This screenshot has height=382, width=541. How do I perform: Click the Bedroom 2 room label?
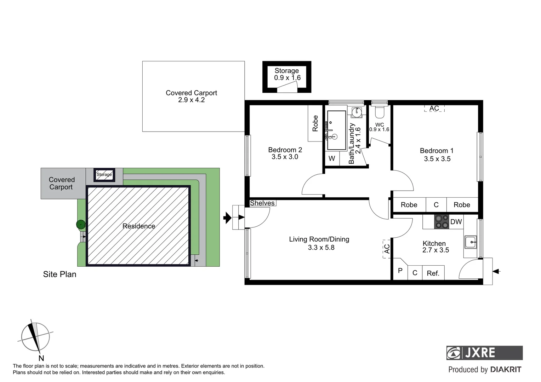[285, 150]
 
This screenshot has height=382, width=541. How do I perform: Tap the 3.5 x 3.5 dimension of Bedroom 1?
[437, 159]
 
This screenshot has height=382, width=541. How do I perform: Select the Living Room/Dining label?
[319, 239]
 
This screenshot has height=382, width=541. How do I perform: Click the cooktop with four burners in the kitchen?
[442, 222]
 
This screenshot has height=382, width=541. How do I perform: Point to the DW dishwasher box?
[456, 222]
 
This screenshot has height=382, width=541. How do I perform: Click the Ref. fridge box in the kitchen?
[433, 273]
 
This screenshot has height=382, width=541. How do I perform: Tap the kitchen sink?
[471, 243]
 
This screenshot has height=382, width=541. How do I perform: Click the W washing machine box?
[332, 158]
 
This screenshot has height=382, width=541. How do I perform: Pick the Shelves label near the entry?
[262, 203]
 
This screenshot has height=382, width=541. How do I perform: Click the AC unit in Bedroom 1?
[434, 109]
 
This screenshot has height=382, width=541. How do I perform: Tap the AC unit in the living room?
[387, 249]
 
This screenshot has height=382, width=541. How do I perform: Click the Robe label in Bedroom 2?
[315, 123]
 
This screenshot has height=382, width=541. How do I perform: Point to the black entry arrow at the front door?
[227, 218]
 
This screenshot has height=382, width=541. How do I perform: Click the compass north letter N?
[41, 358]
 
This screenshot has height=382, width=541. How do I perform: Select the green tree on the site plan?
[80, 224]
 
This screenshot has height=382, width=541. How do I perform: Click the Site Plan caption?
[59, 274]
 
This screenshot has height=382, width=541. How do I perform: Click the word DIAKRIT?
[506, 370]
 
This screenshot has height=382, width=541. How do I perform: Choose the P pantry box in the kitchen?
[400, 271]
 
